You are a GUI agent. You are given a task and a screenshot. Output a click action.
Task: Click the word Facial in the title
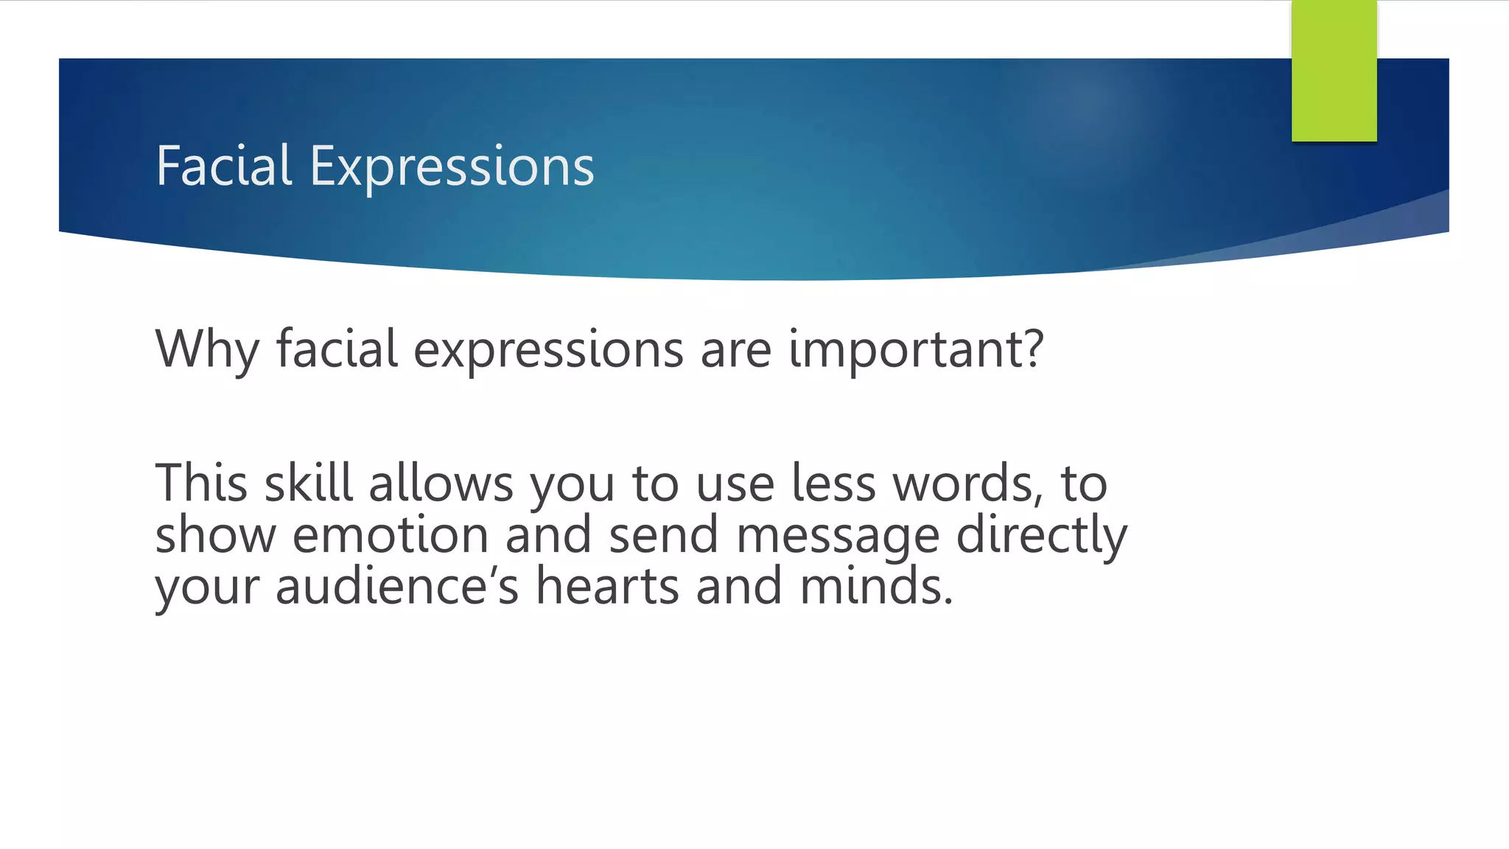(224, 166)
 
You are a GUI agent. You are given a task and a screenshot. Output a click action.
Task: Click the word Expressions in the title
(452, 167)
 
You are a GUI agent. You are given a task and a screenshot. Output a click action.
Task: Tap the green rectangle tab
(1334, 71)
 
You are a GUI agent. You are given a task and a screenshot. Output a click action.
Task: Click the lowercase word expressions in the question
(548, 349)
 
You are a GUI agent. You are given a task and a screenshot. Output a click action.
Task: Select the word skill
(309, 483)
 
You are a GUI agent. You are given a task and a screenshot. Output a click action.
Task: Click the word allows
(441, 483)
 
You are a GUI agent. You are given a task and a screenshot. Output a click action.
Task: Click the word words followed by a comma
(966, 483)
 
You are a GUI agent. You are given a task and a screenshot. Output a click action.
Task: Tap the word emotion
(391, 535)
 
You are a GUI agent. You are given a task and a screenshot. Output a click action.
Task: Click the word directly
(1041, 535)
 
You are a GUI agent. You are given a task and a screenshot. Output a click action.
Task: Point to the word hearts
(607, 587)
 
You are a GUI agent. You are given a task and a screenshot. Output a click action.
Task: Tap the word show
(215, 535)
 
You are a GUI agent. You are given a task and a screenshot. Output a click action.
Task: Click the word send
(663, 535)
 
